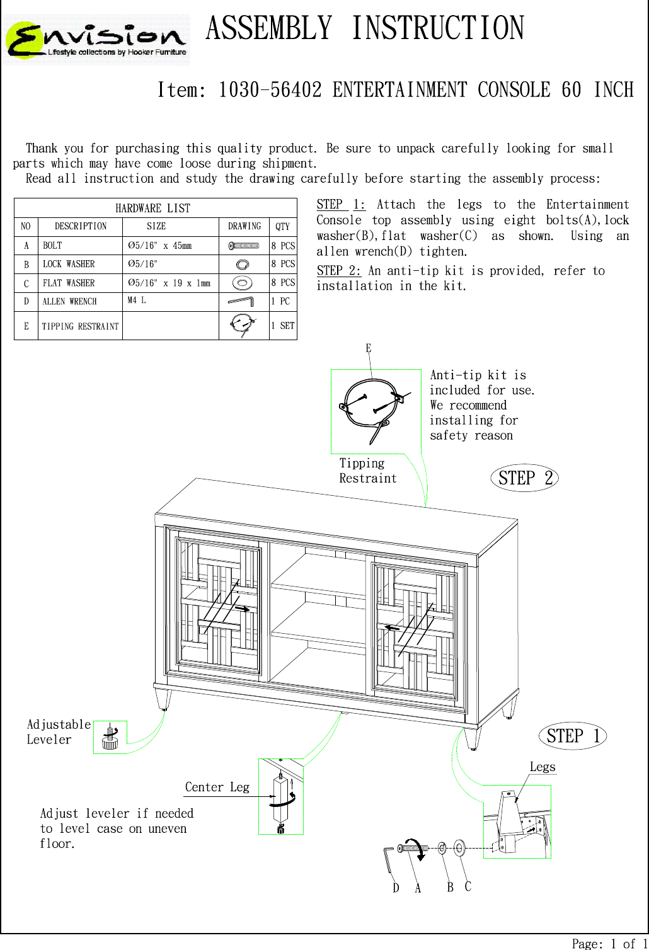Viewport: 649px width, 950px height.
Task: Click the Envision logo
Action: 98,40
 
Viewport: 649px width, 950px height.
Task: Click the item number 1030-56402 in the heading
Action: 270,90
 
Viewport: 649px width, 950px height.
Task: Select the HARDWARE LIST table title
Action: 152,209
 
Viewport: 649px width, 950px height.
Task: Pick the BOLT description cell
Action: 53,246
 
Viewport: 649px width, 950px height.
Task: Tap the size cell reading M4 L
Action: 137,300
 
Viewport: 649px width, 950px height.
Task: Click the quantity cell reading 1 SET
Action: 282,326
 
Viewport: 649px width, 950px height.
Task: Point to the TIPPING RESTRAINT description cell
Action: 80,326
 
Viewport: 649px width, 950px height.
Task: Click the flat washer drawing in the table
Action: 243,283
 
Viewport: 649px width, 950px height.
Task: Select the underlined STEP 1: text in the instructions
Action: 340,205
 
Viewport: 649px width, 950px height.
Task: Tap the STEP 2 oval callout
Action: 524,478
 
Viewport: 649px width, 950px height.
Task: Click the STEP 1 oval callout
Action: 572,736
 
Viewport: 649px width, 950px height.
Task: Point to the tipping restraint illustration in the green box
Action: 372,409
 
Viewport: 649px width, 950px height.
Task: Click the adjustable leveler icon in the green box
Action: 110,737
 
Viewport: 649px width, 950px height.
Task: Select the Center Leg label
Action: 217,787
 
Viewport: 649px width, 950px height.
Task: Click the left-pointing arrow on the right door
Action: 392,627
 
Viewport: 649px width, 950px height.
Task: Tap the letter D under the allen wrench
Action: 396,888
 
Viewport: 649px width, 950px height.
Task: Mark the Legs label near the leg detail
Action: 542,767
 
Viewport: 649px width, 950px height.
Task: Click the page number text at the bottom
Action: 609,943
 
